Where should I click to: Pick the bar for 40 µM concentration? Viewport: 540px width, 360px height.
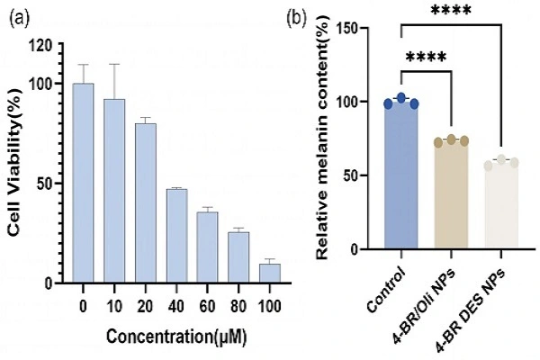click(x=177, y=236)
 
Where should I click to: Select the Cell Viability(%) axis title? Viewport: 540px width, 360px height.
click(x=16, y=163)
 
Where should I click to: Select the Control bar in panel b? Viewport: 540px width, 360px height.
click(x=401, y=175)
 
